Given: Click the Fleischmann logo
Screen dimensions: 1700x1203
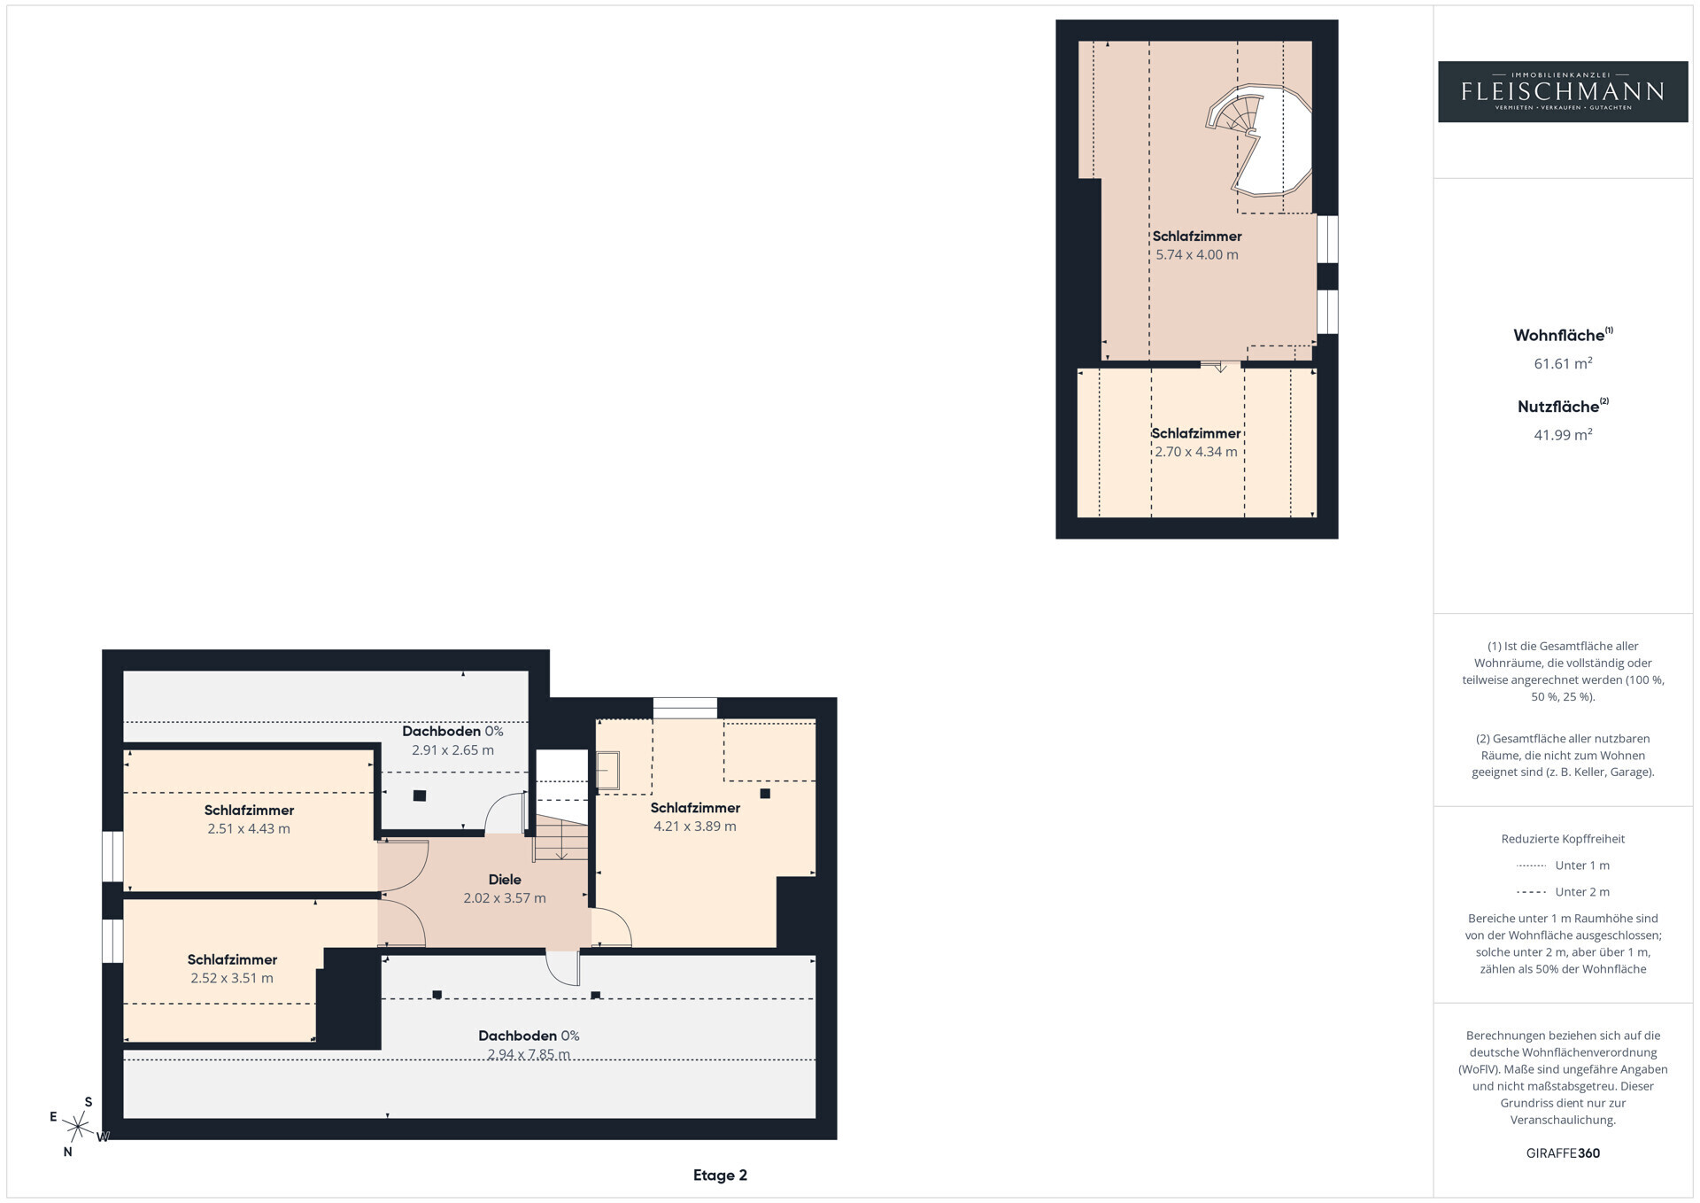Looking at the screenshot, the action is tap(1563, 91).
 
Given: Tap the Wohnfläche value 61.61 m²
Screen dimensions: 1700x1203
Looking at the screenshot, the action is tap(1563, 363).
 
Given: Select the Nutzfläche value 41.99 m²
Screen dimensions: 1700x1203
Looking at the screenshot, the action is tap(1563, 434).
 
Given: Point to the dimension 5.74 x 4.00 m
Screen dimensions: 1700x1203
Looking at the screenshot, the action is tap(1196, 255).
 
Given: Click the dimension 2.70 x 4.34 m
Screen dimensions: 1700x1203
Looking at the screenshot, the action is tap(1195, 452).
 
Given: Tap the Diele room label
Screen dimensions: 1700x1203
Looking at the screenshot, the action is tap(505, 880).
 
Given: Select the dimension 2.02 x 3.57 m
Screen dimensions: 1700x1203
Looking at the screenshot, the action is tap(505, 898).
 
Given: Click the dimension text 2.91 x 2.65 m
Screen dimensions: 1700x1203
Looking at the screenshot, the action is tap(452, 750).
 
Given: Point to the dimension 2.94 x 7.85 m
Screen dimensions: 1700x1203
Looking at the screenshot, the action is tap(529, 1054).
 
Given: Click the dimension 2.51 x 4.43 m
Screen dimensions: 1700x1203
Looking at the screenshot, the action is tap(249, 829).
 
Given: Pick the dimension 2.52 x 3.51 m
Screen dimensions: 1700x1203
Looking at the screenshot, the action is tap(232, 979).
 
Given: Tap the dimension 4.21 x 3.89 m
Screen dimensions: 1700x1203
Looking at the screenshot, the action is tap(695, 827).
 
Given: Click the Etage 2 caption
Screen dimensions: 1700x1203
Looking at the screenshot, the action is tap(720, 1176).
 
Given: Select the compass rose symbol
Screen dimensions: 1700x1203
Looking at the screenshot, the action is tap(79, 1127).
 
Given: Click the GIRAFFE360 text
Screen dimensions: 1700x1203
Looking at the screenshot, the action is tap(1563, 1153).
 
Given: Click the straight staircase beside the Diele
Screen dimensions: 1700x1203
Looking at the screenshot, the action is tap(560, 839).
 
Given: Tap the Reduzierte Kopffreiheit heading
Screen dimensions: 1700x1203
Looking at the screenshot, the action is tap(1563, 839).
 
